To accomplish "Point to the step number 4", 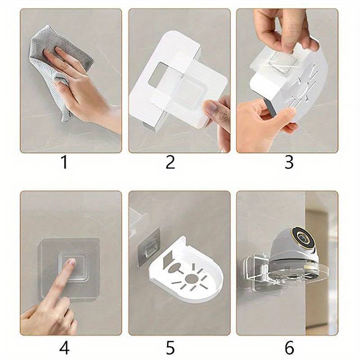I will [x=64, y=348].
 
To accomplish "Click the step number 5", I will [x=170, y=348].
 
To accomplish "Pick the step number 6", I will [x=289, y=348].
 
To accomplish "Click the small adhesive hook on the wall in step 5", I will [x=150, y=249].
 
